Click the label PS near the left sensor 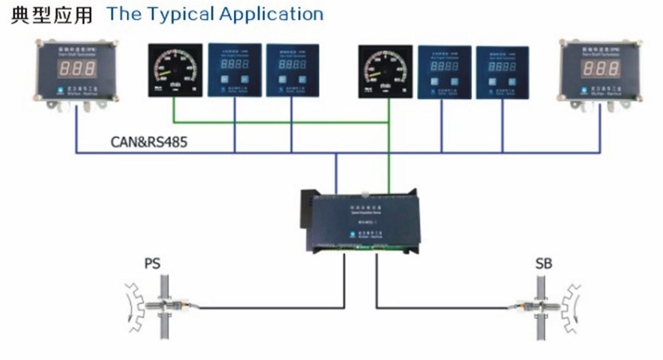(152, 263)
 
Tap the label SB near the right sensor (544, 263)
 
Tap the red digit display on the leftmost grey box (71, 68)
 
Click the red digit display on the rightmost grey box (599, 69)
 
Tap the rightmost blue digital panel (502, 71)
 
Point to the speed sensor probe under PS (172, 306)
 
